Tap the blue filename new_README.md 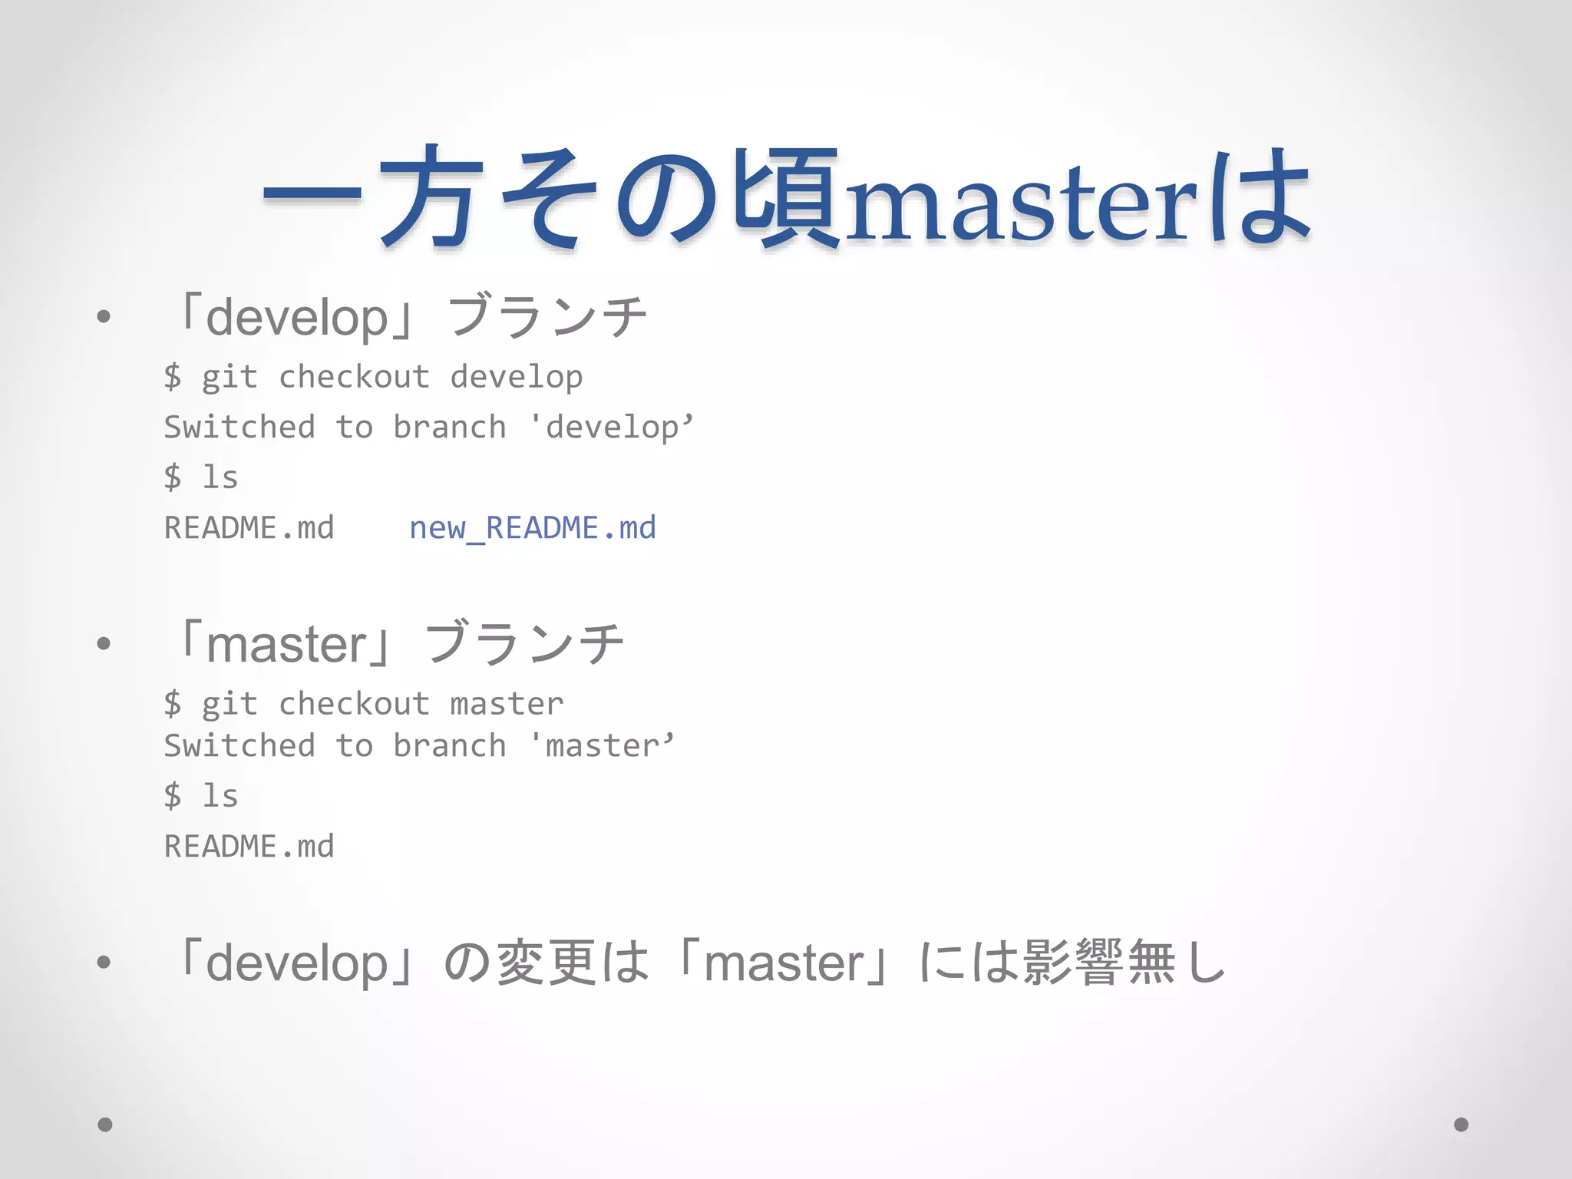tap(532, 528)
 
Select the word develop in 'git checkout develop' tap(516, 378)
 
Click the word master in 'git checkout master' tap(507, 704)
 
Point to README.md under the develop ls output tap(249, 528)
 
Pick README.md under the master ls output tap(249, 847)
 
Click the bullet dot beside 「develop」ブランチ tap(104, 316)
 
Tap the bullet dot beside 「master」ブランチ tap(104, 643)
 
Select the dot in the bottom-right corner tap(1461, 1125)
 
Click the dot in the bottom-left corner tap(105, 1125)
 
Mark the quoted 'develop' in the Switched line tap(612, 428)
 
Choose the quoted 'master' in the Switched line tap(602, 746)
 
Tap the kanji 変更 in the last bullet tap(547, 962)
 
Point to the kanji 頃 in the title tap(787, 198)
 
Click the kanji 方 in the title tap(430, 198)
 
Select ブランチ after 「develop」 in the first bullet tap(547, 316)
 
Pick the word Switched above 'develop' tap(239, 428)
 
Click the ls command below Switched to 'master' tap(220, 796)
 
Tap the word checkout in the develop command tap(354, 378)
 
